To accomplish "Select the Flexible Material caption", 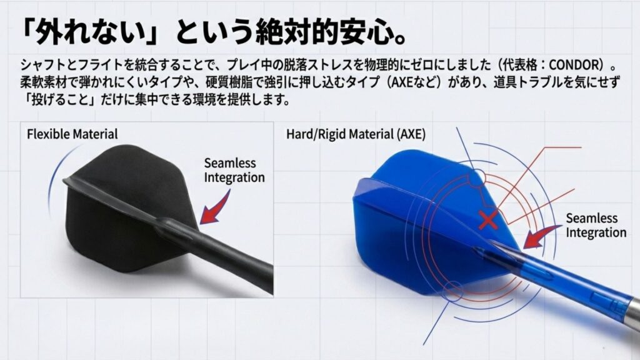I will coord(72,134).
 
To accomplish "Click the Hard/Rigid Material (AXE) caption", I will coord(356,134).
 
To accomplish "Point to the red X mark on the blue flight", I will coord(487,219).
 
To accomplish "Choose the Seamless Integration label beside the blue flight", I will coord(596,225).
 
